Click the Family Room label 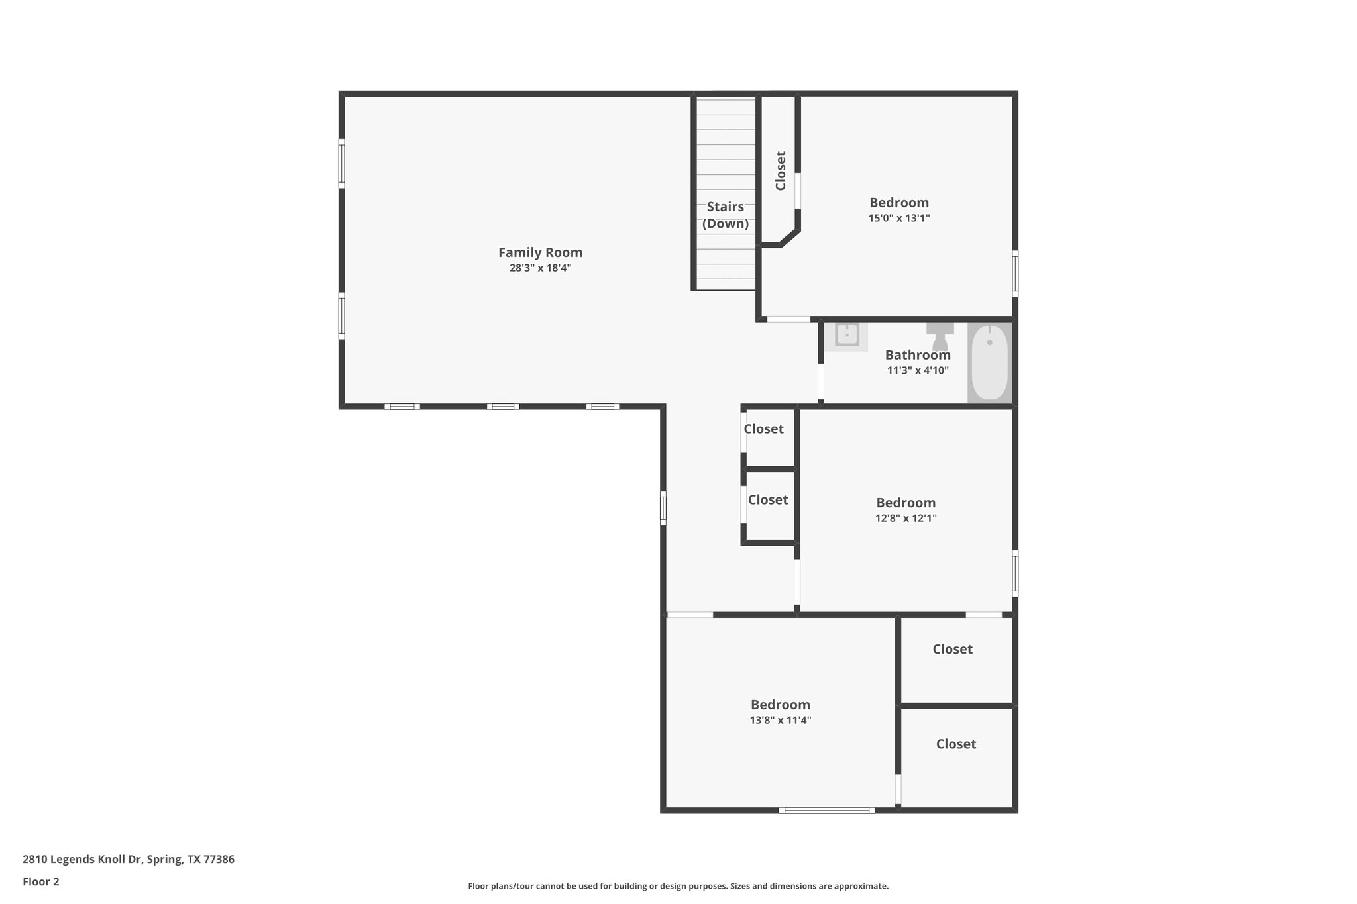click(x=540, y=252)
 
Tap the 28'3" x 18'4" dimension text click(x=540, y=268)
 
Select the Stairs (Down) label click(x=725, y=215)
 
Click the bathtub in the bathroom click(x=989, y=363)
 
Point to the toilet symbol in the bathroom click(x=940, y=336)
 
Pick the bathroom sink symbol click(x=846, y=335)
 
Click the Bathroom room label click(x=918, y=355)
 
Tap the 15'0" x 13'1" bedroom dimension click(x=899, y=218)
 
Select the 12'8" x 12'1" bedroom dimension click(x=906, y=519)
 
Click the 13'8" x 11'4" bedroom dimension click(x=780, y=721)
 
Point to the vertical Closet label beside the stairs click(x=781, y=171)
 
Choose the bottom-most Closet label click(x=955, y=744)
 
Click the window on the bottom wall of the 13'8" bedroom click(x=826, y=810)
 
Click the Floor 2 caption click(x=41, y=881)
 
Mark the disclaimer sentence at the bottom click(x=678, y=886)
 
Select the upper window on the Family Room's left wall click(x=342, y=164)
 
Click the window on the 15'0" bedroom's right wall click(x=1014, y=273)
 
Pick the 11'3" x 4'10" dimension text click(x=918, y=371)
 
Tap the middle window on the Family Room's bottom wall click(x=502, y=406)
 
